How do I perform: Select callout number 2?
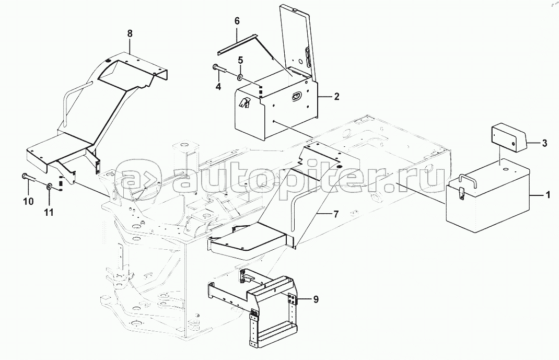[336, 97]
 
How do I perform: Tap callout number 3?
[544, 144]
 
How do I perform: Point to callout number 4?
[218, 86]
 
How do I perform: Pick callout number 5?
[241, 60]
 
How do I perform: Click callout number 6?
[237, 21]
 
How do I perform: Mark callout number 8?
[130, 34]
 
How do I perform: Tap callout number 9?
[316, 300]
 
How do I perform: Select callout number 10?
[29, 201]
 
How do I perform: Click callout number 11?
[49, 213]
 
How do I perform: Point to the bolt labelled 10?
[29, 177]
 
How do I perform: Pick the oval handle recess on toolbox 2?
[296, 96]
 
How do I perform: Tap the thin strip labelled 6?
[237, 44]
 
